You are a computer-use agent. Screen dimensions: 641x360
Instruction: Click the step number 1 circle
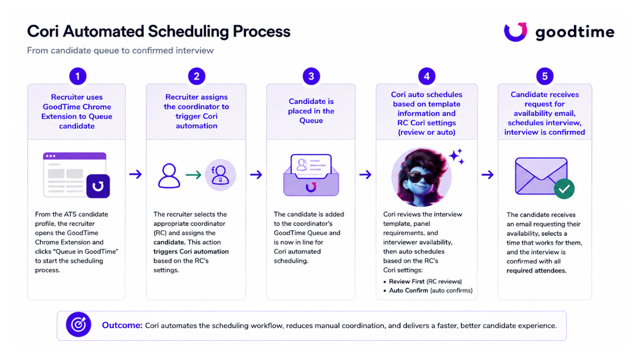[x=78, y=76]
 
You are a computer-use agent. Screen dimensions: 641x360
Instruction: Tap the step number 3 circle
[x=311, y=76]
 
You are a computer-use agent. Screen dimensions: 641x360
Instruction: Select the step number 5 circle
[x=545, y=76]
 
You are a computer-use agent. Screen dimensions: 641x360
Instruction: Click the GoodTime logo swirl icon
[x=515, y=32]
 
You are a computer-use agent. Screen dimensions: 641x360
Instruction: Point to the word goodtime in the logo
[x=575, y=32]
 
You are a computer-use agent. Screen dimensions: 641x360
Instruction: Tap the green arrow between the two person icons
[x=193, y=175]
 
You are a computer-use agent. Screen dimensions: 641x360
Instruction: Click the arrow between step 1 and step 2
[x=135, y=174]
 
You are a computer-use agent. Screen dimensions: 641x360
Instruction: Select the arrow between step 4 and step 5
[x=487, y=175]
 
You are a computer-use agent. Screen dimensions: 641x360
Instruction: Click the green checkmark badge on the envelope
[x=564, y=189]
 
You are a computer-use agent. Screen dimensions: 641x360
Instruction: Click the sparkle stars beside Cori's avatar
[x=457, y=156]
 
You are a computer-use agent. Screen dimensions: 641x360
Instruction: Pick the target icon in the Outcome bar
[x=79, y=325]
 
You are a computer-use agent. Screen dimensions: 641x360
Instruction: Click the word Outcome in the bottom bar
[x=122, y=325]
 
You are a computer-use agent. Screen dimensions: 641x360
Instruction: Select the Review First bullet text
[x=425, y=281]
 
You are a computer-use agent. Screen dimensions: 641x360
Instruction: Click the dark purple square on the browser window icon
[x=98, y=186]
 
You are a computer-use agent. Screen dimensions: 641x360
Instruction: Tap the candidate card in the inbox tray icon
[x=311, y=166]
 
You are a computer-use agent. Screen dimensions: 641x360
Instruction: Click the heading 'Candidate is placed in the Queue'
[x=311, y=111]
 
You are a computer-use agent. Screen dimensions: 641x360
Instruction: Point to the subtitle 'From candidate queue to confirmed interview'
[x=120, y=50]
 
